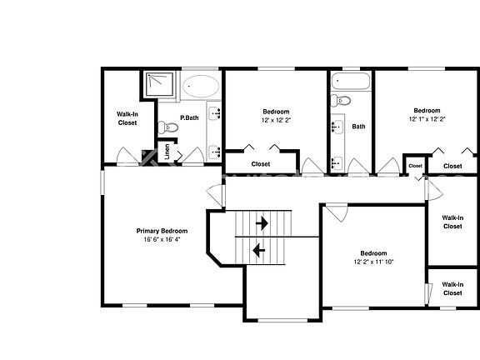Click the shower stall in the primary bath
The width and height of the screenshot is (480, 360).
pyautogui.click(x=156, y=85)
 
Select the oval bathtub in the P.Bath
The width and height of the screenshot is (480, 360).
pyautogui.click(x=201, y=87)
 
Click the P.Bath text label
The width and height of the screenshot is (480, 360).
pyautogui.click(x=190, y=118)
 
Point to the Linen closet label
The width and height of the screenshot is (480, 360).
pyautogui.click(x=167, y=152)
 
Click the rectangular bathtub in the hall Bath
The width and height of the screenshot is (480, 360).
pyautogui.click(x=348, y=82)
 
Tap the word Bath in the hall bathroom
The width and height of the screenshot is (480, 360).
pyautogui.click(x=358, y=127)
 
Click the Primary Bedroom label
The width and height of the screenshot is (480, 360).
pyautogui.click(x=162, y=231)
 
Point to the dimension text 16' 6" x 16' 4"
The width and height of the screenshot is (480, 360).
pyautogui.click(x=162, y=239)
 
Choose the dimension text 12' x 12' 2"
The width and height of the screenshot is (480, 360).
pyautogui.click(x=276, y=119)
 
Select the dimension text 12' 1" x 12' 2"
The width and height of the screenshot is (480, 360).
pyautogui.click(x=427, y=119)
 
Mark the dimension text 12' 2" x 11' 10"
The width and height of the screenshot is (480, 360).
pyautogui.click(x=372, y=262)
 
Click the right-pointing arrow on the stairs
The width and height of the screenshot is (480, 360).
pyautogui.click(x=262, y=223)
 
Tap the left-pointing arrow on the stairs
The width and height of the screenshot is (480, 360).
pyautogui.click(x=258, y=248)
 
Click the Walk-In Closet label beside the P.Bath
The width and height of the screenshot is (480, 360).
pyautogui.click(x=127, y=118)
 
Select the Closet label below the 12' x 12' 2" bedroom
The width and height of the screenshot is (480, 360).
pyautogui.click(x=260, y=164)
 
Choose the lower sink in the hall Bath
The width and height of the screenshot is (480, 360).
pyautogui.click(x=338, y=161)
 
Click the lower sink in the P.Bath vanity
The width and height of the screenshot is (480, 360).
pyautogui.click(x=214, y=151)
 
